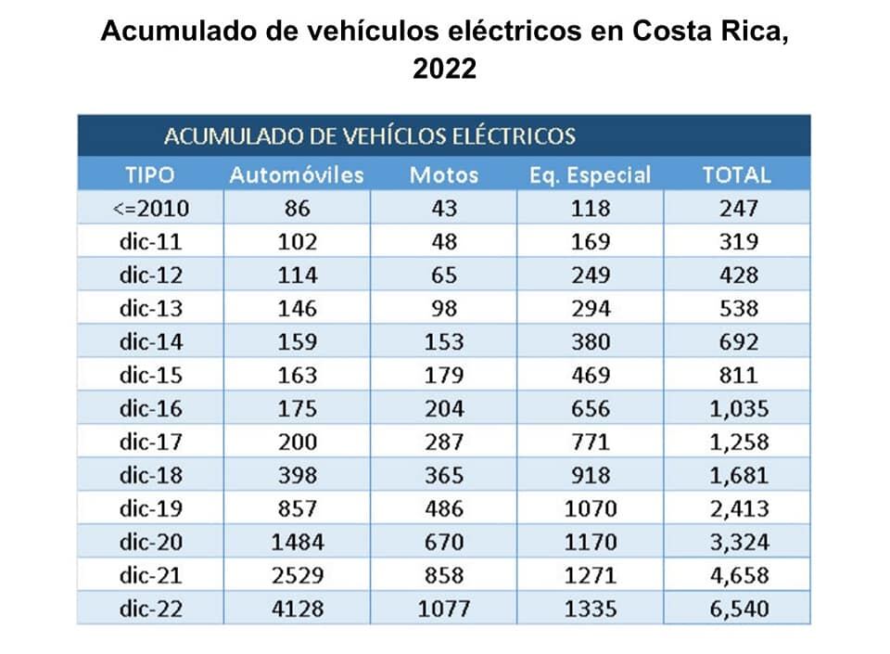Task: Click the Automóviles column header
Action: [297, 174]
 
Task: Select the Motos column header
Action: [444, 174]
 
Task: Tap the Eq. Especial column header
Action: [591, 174]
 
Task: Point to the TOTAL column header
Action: [737, 174]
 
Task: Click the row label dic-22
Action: [151, 609]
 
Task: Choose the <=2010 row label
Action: [150, 208]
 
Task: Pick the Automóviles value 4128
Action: [298, 609]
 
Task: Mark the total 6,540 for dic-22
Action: [738, 609]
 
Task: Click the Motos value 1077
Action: [444, 609]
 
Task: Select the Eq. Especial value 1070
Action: [591, 508]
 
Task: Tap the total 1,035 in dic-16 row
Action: [738, 408]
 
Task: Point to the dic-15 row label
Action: [151, 375]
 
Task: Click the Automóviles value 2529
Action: [298, 575]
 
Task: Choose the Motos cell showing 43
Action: [444, 208]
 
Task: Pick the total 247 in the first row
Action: [738, 208]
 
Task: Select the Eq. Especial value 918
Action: [591, 475]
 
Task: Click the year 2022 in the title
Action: [444, 69]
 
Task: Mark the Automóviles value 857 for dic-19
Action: [298, 508]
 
